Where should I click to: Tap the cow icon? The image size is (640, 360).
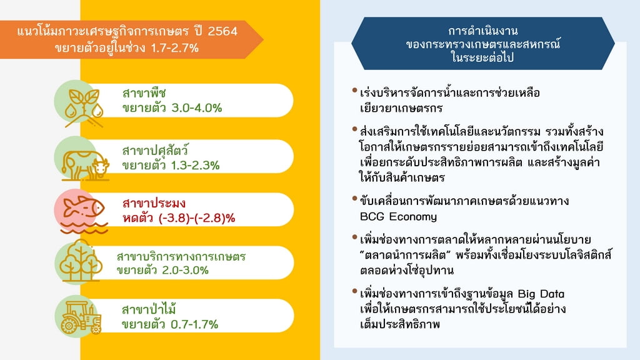[x=85, y=164]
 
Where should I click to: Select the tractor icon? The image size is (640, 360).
[x=81, y=317]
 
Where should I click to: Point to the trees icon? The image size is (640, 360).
[x=80, y=261]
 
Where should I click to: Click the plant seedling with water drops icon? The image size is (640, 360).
[x=84, y=107]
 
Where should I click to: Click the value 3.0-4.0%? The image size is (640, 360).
[x=196, y=108]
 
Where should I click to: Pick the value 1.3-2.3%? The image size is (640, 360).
[x=195, y=165]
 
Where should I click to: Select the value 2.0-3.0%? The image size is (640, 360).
[x=185, y=270]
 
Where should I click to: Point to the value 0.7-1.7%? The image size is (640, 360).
[x=194, y=324]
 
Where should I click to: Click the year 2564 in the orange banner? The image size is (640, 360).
[x=222, y=31]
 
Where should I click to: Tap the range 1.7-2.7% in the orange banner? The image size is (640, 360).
[x=175, y=48]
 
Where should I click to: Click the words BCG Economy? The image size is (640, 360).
[x=398, y=216]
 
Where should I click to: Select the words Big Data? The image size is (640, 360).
[x=541, y=294]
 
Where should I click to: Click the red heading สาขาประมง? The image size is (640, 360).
[x=154, y=203]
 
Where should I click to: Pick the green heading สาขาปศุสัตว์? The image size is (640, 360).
[x=156, y=150]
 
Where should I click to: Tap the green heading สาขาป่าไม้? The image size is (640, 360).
[x=149, y=309]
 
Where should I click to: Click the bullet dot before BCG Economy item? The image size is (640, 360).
[x=354, y=199]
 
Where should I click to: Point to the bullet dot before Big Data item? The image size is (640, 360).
[x=354, y=291]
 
